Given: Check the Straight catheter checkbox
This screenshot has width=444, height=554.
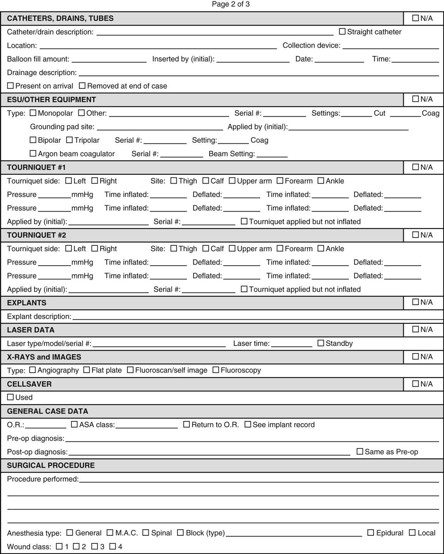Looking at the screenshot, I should click(x=342, y=31).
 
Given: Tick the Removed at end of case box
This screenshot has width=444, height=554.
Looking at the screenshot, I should click(x=82, y=86).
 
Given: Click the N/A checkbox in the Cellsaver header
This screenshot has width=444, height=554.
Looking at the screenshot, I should click(x=415, y=384).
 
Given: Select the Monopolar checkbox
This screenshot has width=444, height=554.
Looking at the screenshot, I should click(x=33, y=113).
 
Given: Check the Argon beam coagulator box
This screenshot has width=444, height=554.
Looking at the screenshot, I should click(x=33, y=153).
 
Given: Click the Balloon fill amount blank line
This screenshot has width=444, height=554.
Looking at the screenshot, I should click(x=109, y=60).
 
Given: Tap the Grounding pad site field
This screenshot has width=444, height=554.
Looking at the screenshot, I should click(x=160, y=127).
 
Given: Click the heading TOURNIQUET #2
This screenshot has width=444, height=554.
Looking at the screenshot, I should click(x=36, y=235).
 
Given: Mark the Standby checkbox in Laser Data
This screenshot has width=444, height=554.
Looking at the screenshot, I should click(x=321, y=343).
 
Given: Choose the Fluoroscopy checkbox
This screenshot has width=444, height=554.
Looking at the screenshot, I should click(x=216, y=370).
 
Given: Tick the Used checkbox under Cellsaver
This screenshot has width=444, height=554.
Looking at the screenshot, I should click(x=10, y=397).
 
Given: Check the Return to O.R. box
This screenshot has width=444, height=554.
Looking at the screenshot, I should click(x=187, y=424).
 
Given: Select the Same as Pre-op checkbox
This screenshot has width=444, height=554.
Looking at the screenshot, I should click(x=360, y=452).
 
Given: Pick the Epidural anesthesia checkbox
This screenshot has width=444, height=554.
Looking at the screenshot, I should click(x=371, y=533).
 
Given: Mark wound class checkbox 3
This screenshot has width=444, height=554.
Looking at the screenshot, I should click(x=94, y=546).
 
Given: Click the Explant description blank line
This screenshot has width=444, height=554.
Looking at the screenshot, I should click(x=257, y=317).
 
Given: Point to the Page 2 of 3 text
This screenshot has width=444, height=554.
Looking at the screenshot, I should click(x=231, y=4).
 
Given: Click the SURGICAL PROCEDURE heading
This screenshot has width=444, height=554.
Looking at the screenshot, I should click(x=51, y=465).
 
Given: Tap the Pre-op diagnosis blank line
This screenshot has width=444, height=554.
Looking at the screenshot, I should click(x=252, y=439).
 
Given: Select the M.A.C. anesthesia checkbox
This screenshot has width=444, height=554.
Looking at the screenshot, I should click(x=110, y=533).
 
